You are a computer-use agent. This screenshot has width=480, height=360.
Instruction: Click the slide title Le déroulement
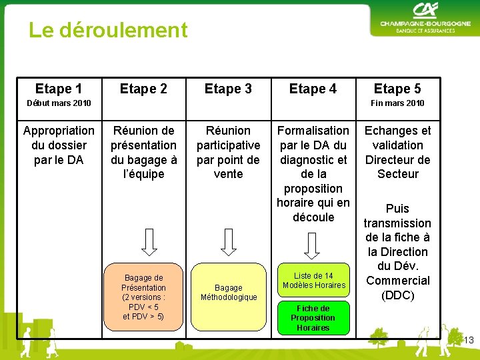click(108, 30)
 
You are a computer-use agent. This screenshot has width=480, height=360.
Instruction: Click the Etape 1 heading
click(59, 89)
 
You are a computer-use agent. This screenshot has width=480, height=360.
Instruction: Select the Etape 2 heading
click(143, 89)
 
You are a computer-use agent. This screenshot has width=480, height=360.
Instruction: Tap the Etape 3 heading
click(228, 89)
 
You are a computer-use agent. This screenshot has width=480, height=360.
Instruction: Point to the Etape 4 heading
click(313, 89)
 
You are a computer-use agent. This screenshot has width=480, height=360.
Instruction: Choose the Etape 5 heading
click(397, 89)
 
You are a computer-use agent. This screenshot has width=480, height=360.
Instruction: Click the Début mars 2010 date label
click(59, 103)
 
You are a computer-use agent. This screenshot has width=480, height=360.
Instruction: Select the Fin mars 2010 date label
click(397, 103)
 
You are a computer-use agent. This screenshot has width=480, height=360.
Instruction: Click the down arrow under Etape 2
click(149, 241)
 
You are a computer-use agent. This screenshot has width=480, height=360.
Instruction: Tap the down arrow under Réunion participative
click(229, 241)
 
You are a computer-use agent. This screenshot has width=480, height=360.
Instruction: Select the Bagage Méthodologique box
click(229, 293)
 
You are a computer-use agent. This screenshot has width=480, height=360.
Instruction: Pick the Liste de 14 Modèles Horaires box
click(313, 281)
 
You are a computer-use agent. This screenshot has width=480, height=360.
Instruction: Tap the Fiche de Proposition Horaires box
click(313, 318)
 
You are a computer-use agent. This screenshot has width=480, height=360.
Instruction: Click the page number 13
click(469, 341)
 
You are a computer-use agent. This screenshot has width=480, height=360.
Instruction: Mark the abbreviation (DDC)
click(398, 295)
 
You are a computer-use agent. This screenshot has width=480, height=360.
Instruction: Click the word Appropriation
click(59, 131)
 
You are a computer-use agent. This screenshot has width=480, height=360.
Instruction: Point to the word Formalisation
click(313, 131)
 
